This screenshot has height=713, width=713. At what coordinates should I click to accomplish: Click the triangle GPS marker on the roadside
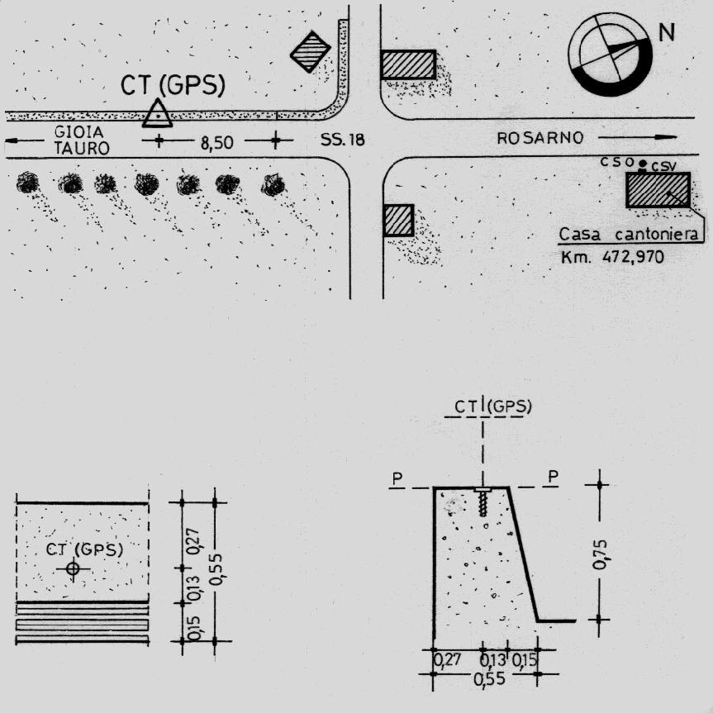157,113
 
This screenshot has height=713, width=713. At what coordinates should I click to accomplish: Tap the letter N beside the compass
666,32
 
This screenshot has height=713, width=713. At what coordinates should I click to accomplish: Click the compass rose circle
610,55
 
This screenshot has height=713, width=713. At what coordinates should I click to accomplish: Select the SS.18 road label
342,140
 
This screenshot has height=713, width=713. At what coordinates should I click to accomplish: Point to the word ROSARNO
540,138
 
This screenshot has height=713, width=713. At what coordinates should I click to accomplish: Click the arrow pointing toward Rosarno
638,137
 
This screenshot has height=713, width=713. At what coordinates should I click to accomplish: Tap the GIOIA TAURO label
82,140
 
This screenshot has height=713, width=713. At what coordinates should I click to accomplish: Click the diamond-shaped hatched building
311,51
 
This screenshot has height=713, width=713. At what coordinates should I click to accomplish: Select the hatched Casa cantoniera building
658,190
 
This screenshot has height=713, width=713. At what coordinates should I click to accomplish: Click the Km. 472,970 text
612,258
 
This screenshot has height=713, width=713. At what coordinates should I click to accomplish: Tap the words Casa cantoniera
628,235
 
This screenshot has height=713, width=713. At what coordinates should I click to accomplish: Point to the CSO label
617,161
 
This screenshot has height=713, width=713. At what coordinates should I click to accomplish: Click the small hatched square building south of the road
398,221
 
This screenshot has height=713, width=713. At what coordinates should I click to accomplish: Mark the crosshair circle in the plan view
73,568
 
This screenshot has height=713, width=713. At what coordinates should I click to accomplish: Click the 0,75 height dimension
600,554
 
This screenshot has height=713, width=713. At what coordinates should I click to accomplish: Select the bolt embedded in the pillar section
483,502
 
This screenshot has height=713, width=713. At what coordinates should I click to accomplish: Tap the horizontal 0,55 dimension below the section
489,678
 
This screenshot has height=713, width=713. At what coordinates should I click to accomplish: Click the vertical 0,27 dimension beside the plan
193,541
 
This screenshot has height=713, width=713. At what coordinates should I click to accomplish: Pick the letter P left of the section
397,478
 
